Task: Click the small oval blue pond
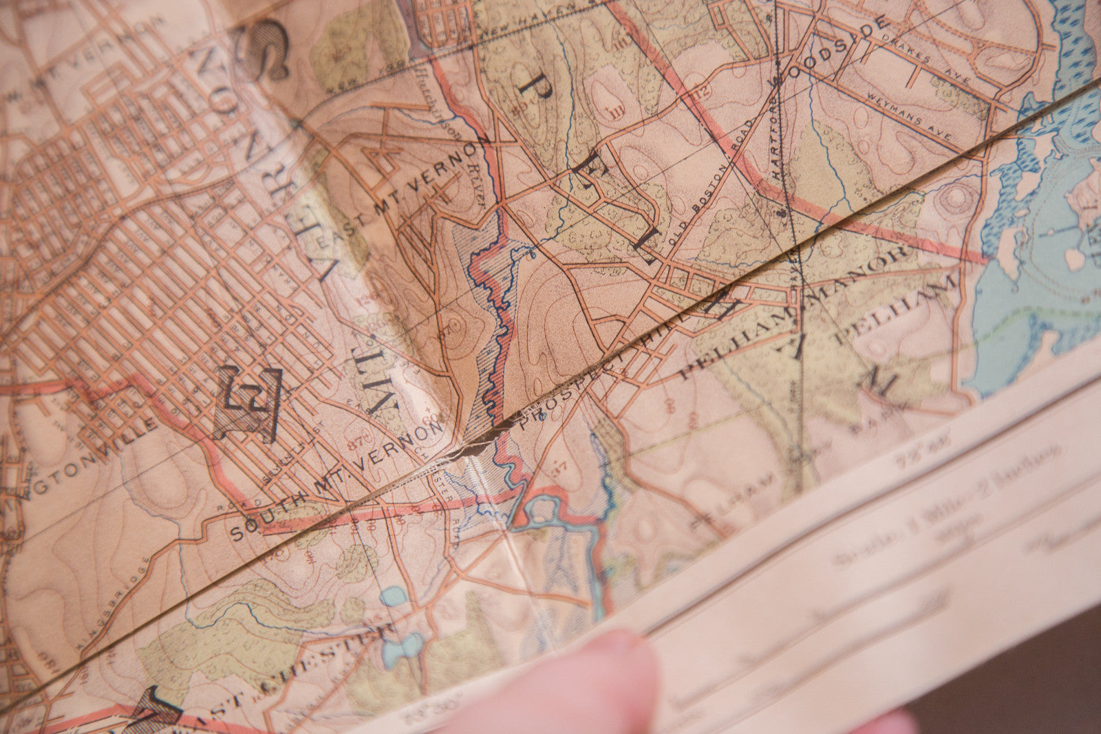pyautogui.click(x=392, y=596)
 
